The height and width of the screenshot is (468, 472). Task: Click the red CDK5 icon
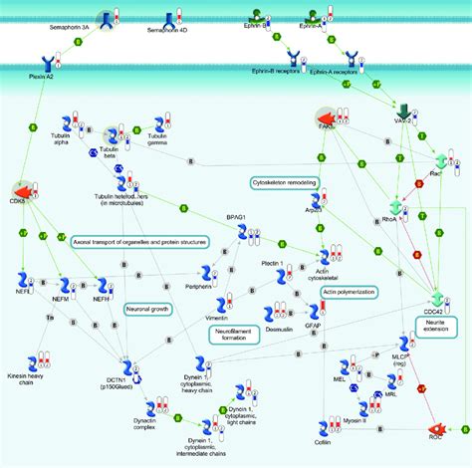[20, 188]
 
